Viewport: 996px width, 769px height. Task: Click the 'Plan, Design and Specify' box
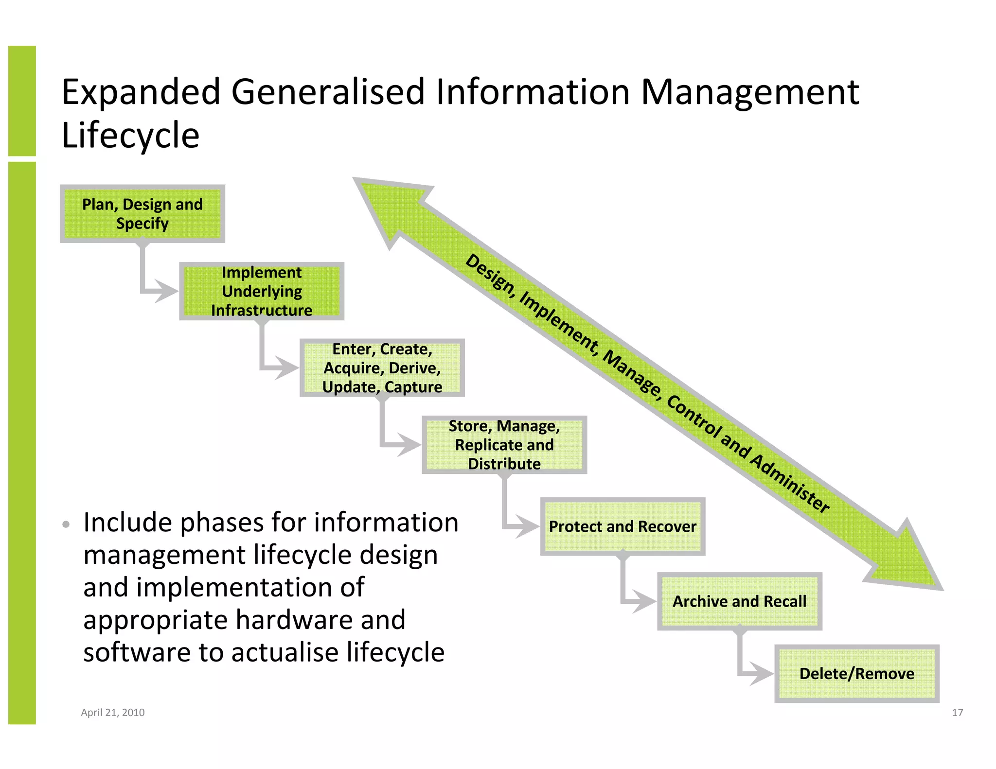coord(142,214)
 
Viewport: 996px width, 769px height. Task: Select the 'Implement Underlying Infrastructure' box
coord(262,291)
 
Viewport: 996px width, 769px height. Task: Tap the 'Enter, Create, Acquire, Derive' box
coord(382,368)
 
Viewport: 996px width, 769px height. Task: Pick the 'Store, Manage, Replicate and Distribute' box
coord(504,445)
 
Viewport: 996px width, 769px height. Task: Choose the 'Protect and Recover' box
coord(622,526)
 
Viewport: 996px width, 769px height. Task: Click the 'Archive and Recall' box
coord(739,601)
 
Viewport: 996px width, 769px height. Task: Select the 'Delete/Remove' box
coord(856,674)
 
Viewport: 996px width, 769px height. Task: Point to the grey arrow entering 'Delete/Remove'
coord(759,674)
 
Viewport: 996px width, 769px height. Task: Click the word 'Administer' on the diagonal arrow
coord(790,484)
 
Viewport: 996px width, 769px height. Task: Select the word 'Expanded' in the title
coord(141,92)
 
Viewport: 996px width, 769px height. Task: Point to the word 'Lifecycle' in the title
coord(130,135)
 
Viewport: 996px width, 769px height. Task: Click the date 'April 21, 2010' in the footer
coord(113,713)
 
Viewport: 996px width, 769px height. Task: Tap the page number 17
coord(957,713)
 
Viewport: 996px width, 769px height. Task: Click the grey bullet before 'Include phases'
coord(66,524)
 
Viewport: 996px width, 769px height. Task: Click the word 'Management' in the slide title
coord(750,92)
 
